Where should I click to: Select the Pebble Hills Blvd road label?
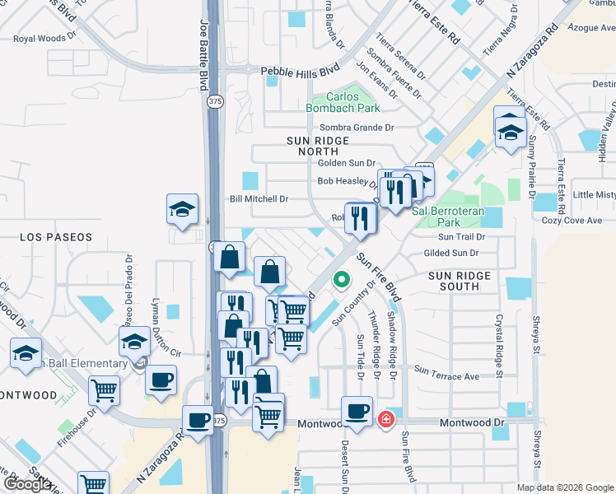click(x=300, y=72)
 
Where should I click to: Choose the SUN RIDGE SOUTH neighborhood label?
click(x=459, y=281)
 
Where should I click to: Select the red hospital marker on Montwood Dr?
click(x=385, y=420)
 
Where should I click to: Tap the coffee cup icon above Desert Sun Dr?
click(x=357, y=411)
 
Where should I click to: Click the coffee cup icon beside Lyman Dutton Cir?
click(x=161, y=380)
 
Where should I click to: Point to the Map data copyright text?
click(x=564, y=487)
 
